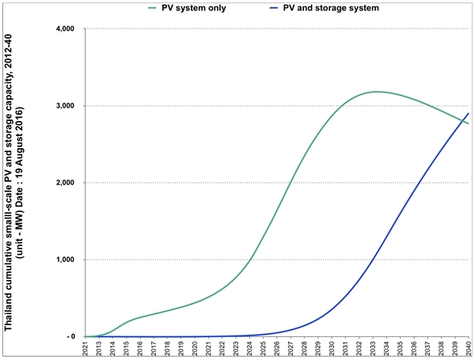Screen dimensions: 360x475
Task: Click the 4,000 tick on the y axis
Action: [x=63, y=29]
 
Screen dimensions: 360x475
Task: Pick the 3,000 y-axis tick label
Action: [x=63, y=106]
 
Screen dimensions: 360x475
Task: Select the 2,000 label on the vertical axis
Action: [x=63, y=183]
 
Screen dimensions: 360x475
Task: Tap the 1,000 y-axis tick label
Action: [x=63, y=260]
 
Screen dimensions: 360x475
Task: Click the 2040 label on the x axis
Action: [x=469, y=349]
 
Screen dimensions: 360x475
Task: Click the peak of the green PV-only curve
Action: [x=378, y=92]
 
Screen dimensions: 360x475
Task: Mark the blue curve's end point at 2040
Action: [x=469, y=113]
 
